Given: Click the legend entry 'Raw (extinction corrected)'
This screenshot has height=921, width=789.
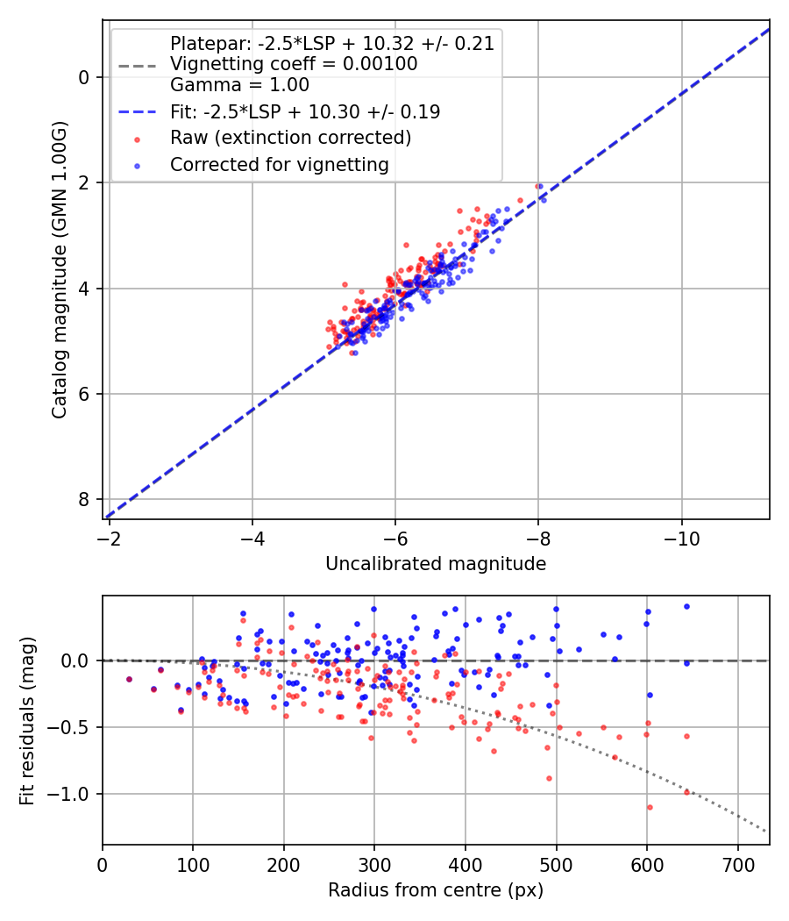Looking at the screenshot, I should tap(290, 138).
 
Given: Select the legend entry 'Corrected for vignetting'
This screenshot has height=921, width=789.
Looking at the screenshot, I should tap(279, 164).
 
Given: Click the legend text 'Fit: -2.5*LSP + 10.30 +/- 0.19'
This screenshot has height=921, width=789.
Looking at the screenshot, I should tap(305, 111).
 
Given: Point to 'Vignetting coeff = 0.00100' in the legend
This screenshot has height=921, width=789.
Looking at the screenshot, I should tap(294, 64).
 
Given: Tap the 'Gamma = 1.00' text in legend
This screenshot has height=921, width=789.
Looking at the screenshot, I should tap(239, 85).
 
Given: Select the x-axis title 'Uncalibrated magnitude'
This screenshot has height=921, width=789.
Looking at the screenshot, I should tap(436, 564).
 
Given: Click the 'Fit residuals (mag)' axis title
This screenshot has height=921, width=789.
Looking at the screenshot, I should tap(27, 719).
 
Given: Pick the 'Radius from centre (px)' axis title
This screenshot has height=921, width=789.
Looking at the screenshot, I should tap(436, 890).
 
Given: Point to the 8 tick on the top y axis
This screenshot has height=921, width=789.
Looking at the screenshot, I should tap(84, 499).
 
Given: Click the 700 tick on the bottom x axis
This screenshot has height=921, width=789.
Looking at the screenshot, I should tap(737, 865).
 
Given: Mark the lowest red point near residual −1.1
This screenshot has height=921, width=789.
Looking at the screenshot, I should tap(650, 807).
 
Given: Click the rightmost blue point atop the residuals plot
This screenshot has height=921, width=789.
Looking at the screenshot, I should tap(686, 606).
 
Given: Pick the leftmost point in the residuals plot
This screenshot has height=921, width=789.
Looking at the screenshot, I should tap(129, 679).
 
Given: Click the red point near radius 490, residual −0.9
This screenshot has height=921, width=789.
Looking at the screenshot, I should tap(549, 778).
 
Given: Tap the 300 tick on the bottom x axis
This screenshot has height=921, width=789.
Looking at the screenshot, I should tap(374, 865).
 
